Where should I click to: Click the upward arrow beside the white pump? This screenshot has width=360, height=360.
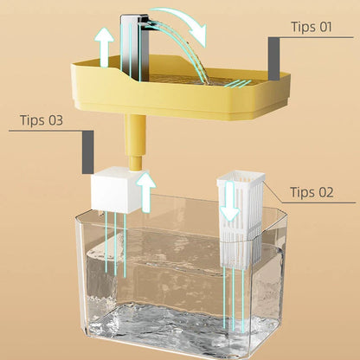[x=147, y=190]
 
